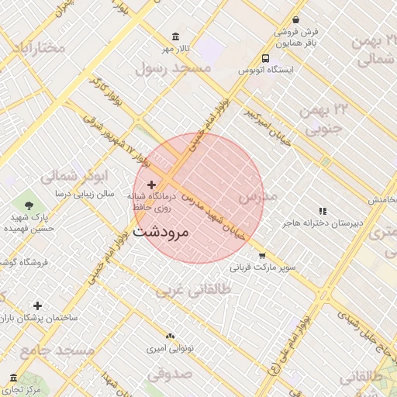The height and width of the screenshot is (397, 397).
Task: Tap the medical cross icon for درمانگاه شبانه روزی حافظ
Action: click(151, 185)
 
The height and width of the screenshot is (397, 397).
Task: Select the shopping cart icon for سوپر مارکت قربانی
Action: click(262, 255)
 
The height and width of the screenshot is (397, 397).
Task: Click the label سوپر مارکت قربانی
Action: click(262, 268)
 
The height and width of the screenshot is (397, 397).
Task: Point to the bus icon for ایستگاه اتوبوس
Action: click(266, 57)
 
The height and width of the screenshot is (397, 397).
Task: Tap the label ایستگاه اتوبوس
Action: click(265, 71)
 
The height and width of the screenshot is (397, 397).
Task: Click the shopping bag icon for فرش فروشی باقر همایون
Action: click(296, 20)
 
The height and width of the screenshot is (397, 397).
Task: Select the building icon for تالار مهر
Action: click(176, 37)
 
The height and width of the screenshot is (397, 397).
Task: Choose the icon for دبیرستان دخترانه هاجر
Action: click(323, 211)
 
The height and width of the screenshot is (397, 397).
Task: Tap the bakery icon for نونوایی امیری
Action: click(170, 336)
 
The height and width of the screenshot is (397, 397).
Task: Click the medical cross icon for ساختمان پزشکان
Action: click(37, 306)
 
